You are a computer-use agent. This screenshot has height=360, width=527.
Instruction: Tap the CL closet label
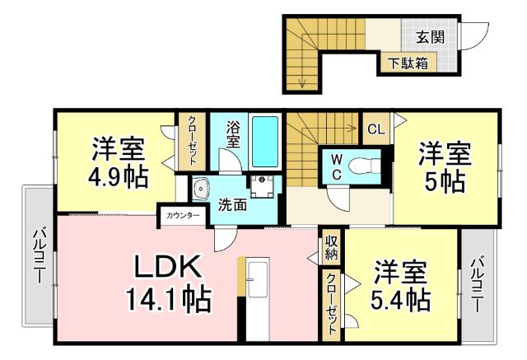pos(375,129)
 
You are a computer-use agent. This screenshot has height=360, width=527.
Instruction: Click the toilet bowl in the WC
pos(362,166)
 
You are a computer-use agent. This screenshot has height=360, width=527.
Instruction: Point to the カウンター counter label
pos(182,216)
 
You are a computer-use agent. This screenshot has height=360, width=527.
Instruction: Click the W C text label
pos(338,166)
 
